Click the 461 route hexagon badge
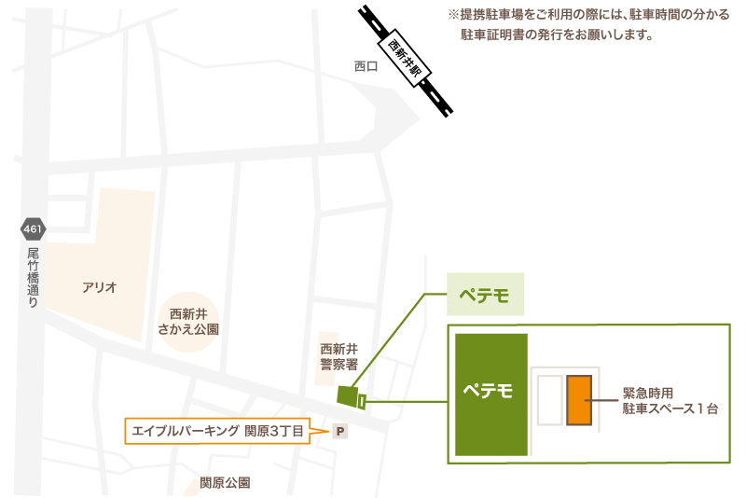[x=33, y=229]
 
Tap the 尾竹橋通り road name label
[x=33, y=277]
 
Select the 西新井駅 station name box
[x=405, y=59]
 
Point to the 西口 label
[x=366, y=66]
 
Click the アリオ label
[x=100, y=287]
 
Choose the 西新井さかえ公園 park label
[x=188, y=322]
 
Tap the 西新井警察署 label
[x=338, y=357]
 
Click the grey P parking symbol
[x=340, y=432]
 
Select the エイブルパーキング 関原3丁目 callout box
[x=217, y=431]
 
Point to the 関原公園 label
[x=225, y=483]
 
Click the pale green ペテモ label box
[x=485, y=294]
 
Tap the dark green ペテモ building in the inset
[x=491, y=394]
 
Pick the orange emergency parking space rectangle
[x=579, y=400]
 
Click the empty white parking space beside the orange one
[x=550, y=400]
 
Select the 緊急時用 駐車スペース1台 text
[x=670, y=400]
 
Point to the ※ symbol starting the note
[x=453, y=14]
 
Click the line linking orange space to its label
[x=601, y=400]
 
